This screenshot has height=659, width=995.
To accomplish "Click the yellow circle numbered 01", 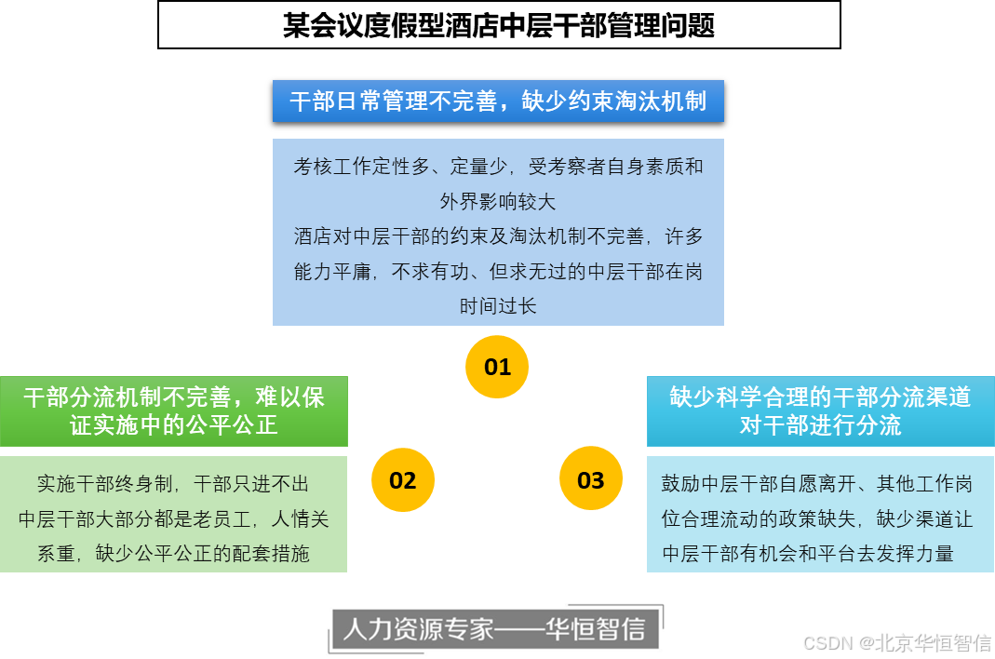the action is pyautogui.click(x=497, y=367).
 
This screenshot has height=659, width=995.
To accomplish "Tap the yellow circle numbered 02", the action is pyautogui.click(x=402, y=480).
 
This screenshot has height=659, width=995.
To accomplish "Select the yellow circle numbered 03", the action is pyautogui.click(x=590, y=480).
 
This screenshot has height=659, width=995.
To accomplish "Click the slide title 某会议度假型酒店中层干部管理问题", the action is pyautogui.click(x=499, y=25).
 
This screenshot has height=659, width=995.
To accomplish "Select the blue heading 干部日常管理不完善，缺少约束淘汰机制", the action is pyautogui.click(x=498, y=101).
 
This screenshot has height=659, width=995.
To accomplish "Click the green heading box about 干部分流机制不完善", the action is pyautogui.click(x=174, y=411).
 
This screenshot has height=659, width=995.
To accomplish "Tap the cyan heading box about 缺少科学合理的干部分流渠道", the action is pyautogui.click(x=820, y=411).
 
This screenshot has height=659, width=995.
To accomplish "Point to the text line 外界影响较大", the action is pyautogui.click(x=498, y=201).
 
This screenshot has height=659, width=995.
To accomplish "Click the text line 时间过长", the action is pyautogui.click(x=498, y=305).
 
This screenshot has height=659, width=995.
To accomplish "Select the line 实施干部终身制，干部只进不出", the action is pyautogui.click(x=173, y=484).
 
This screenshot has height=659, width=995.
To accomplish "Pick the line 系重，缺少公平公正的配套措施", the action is pyautogui.click(x=173, y=554).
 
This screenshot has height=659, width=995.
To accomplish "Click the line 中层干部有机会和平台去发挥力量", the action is pyautogui.click(x=808, y=554).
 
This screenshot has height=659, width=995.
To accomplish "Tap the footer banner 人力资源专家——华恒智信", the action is pyautogui.click(x=498, y=630).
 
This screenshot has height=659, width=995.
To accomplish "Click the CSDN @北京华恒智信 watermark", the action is pyautogui.click(x=895, y=642).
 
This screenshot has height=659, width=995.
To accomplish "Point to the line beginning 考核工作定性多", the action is pyautogui.click(x=498, y=168).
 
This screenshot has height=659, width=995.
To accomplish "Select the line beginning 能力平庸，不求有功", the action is pyautogui.click(x=498, y=272).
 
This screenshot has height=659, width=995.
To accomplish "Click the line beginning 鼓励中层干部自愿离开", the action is pyautogui.click(x=817, y=484).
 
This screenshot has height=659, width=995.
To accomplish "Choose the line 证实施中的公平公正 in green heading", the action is pyautogui.click(x=174, y=425).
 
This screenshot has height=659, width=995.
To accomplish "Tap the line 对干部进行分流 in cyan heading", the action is pyautogui.click(x=820, y=426).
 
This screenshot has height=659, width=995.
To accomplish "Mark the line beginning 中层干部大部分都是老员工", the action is pyautogui.click(x=173, y=518).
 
